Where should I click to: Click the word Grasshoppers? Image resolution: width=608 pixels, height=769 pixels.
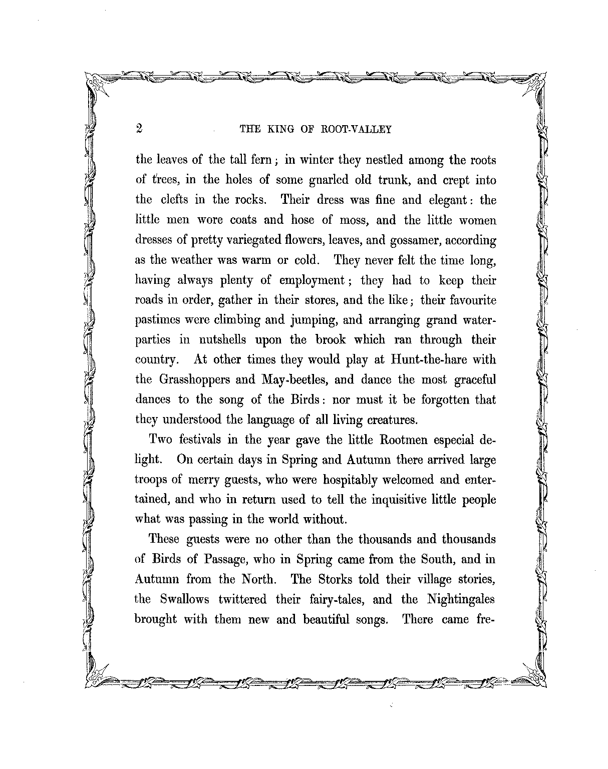[x=194, y=379]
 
